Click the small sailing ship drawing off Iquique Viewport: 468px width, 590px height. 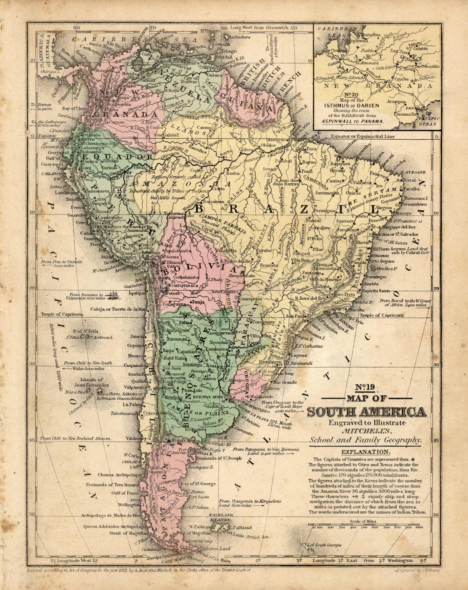(x=113, y=295)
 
